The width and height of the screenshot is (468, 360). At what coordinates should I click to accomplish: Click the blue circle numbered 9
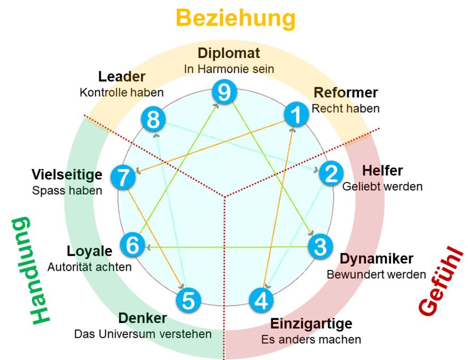point(224,92)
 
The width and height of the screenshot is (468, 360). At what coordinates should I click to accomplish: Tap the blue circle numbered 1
point(296,114)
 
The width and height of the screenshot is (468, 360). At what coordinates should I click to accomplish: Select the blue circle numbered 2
point(331,173)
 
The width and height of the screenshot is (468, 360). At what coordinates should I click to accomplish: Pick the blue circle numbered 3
point(320,247)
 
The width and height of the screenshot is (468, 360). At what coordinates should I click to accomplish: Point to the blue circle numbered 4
point(261,300)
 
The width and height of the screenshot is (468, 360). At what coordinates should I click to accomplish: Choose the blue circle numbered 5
point(188,300)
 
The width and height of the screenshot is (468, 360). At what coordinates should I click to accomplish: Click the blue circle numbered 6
point(132,245)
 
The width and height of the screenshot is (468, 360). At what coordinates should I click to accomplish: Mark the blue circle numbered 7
point(123,177)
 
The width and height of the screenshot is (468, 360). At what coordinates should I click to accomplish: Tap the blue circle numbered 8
point(153,120)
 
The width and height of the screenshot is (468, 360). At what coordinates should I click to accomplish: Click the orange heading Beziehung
point(236,18)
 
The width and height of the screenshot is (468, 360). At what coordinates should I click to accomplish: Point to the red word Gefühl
point(441,281)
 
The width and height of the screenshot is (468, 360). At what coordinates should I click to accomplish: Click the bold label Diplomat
point(229,53)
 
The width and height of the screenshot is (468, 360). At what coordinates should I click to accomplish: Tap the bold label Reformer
point(346,93)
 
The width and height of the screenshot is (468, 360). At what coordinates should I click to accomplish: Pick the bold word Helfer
point(382,171)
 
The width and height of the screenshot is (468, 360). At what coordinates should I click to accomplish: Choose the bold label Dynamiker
point(377,259)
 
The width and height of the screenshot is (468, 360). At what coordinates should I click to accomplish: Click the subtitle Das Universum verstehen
point(143,334)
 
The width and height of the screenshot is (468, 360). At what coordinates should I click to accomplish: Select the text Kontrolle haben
point(121,93)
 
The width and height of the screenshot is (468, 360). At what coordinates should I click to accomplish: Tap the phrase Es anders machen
point(311,339)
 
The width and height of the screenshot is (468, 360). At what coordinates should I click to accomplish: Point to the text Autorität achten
point(89,267)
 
